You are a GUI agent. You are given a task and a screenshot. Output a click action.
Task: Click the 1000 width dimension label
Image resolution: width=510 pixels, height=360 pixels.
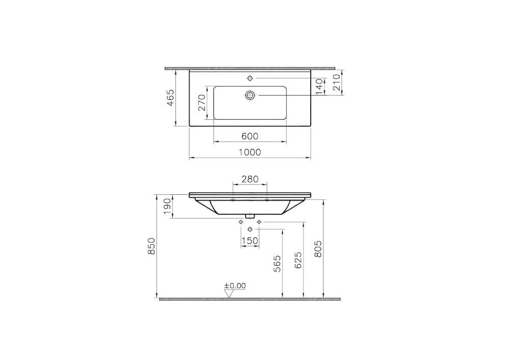250,152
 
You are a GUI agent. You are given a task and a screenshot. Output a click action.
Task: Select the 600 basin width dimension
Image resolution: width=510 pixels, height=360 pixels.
250,136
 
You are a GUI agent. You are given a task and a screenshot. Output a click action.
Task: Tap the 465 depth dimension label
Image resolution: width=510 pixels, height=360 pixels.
170,98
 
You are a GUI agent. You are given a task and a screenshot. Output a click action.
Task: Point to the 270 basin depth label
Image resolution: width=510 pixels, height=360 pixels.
201,102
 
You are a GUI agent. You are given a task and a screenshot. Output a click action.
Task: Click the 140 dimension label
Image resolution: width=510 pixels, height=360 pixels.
320,86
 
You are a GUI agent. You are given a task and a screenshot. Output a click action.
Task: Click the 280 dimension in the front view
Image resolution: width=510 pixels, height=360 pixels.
250,179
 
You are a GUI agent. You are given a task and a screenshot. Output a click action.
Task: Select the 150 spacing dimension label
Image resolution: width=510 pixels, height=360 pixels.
250,241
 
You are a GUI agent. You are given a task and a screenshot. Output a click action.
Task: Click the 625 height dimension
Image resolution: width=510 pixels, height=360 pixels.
298,260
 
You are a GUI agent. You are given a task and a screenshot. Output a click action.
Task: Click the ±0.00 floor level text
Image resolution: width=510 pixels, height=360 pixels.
235,286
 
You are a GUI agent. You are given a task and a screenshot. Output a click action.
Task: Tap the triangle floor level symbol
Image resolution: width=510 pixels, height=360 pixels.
229,293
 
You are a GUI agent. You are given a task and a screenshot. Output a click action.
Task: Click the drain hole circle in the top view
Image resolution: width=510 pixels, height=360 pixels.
250,95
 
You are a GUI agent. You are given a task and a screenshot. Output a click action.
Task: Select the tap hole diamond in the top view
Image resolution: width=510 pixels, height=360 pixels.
250,78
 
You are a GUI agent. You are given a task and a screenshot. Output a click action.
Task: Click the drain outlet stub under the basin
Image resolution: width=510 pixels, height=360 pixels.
250,216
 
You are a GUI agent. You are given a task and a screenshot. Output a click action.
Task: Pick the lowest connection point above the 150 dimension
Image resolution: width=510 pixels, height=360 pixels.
250,230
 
